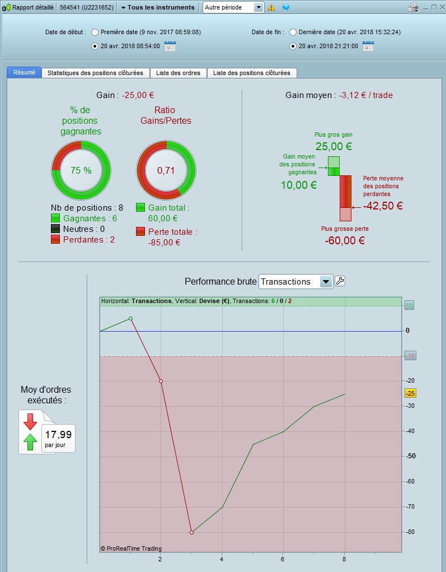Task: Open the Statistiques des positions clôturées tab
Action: point(96,73)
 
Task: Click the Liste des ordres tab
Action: point(178,73)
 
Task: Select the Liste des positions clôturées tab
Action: point(252,73)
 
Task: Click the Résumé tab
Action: point(24,73)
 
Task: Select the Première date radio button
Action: point(95,32)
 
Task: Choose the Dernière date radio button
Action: point(293,32)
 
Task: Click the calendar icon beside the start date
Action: point(170,46)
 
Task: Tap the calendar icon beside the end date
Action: point(368,46)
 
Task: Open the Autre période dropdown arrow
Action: point(259,7)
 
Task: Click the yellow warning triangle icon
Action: point(271,7)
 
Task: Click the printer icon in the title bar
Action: point(413,7)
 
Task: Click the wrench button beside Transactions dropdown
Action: point(340,281)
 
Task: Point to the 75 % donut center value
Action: point(81,170)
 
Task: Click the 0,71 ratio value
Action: point(166,170)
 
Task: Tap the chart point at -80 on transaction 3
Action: point(192,532)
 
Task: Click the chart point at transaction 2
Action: point(161,381)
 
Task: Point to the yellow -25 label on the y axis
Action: point(410,393)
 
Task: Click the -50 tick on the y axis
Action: point(410,456)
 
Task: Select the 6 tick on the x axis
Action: point(283,559)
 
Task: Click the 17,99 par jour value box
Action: point(58,438)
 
